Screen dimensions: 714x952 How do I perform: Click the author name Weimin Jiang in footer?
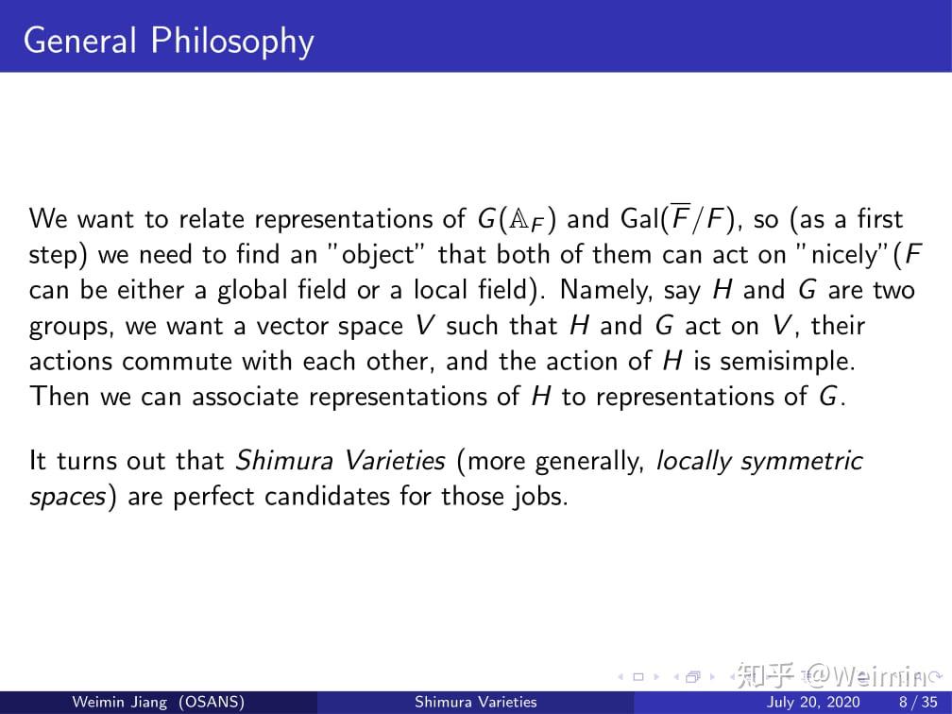[120, 703]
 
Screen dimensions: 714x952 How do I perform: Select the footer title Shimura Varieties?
[476, 703]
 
